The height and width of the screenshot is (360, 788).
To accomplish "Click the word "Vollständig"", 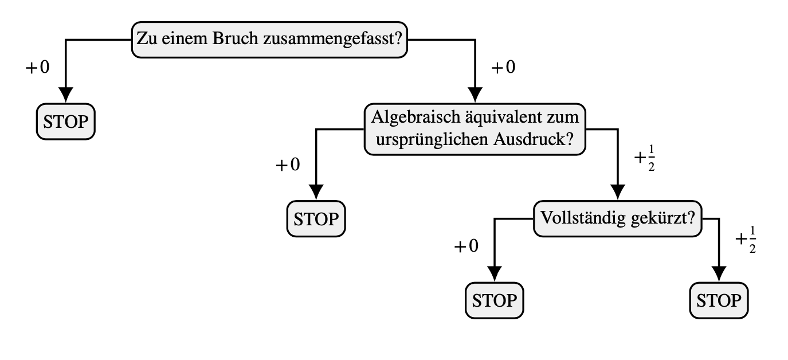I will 582,218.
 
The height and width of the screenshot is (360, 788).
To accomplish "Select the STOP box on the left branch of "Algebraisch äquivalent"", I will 316,218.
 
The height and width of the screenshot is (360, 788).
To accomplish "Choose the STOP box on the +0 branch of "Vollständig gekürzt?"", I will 494,300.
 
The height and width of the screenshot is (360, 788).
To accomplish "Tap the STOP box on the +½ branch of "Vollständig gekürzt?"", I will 719,300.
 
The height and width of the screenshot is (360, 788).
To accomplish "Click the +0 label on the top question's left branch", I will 38,68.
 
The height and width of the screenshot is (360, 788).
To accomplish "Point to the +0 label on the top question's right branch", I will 504,68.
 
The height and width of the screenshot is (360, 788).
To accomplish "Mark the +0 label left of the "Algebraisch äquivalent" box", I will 288,165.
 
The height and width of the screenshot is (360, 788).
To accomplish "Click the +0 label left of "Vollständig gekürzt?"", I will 466,246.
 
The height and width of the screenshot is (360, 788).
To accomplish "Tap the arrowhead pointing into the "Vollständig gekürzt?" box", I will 618,191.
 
